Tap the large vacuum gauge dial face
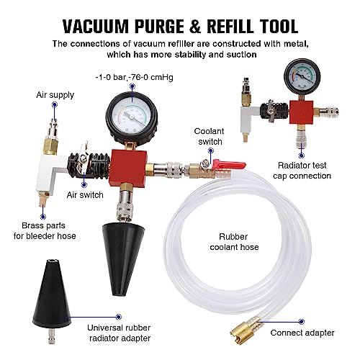(x=132, y=118)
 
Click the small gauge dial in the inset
(x=302, y=76)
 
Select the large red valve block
(x=129, y=168)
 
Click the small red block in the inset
(x=302, y=112)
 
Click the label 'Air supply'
(x=55, y=95)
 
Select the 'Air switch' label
(x=85, y=194)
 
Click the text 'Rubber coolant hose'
(x=234, y=242)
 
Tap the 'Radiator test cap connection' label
(x=302, y=171)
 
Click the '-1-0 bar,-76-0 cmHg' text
(x=134, y=77)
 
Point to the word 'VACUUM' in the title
(x=96, y=26)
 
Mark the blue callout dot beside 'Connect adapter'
(x=302, y=322)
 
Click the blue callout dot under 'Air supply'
(x=55, y=105)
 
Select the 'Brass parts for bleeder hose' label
(x=45, y=230)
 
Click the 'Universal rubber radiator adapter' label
(x=119, y=333)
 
